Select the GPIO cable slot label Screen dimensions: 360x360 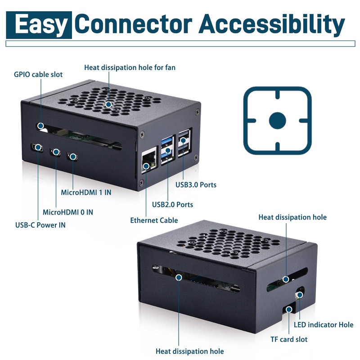click(38, 74)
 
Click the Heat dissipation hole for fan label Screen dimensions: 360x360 click(130, 67)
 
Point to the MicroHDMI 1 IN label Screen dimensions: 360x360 click(86, 192)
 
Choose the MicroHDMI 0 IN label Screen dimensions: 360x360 click(68, 212)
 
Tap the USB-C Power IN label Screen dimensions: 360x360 click(40, 225)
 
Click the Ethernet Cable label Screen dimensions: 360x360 click(154, 220)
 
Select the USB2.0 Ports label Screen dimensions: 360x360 click(172, 204)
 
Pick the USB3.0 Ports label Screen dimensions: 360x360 click(196, 184)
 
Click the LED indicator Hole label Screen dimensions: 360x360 click(324, 324)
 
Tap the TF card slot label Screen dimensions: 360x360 click(289, 339)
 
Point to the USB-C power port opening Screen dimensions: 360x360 click(37, 148)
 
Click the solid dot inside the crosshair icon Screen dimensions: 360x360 click(277, 121)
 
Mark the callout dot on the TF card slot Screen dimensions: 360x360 click(289, 310)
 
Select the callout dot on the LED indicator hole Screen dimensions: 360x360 click(300, 295)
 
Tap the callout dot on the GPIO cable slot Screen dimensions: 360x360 click(40, 126)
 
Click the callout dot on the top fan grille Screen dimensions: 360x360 click(108, 104)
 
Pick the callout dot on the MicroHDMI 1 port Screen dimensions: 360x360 click(73, 157)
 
